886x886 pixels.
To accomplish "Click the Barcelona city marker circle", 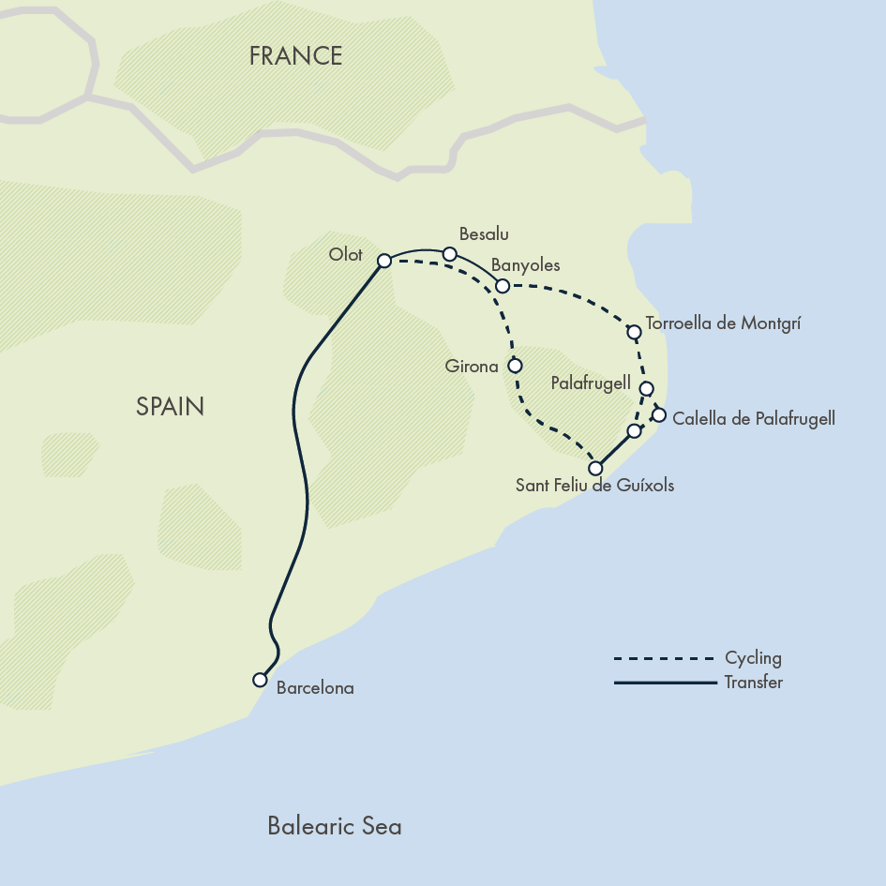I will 260,680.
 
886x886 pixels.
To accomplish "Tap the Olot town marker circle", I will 383,261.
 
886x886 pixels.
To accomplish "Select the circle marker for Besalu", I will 449,254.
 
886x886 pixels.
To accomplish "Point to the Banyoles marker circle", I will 502,285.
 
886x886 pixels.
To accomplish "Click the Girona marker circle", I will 514,366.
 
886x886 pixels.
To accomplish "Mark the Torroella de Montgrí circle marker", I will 634,331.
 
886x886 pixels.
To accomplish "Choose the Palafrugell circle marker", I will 645,388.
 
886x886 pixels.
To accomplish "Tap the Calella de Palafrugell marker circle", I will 658,414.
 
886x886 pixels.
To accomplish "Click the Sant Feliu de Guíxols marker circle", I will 594,467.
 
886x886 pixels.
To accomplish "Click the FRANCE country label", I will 295,56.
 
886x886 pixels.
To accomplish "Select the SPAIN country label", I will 170,406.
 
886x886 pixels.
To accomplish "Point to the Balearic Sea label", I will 335,826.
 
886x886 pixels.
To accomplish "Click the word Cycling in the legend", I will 753,658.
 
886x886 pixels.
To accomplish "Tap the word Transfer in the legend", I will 753,683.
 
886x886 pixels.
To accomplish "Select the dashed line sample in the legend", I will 664,658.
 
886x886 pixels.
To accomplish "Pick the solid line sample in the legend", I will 664,683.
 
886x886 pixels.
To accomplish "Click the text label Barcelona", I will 315,687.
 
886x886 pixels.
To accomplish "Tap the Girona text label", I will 472,367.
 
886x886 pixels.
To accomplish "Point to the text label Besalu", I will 484,234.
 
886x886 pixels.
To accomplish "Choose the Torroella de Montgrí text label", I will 724,323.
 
